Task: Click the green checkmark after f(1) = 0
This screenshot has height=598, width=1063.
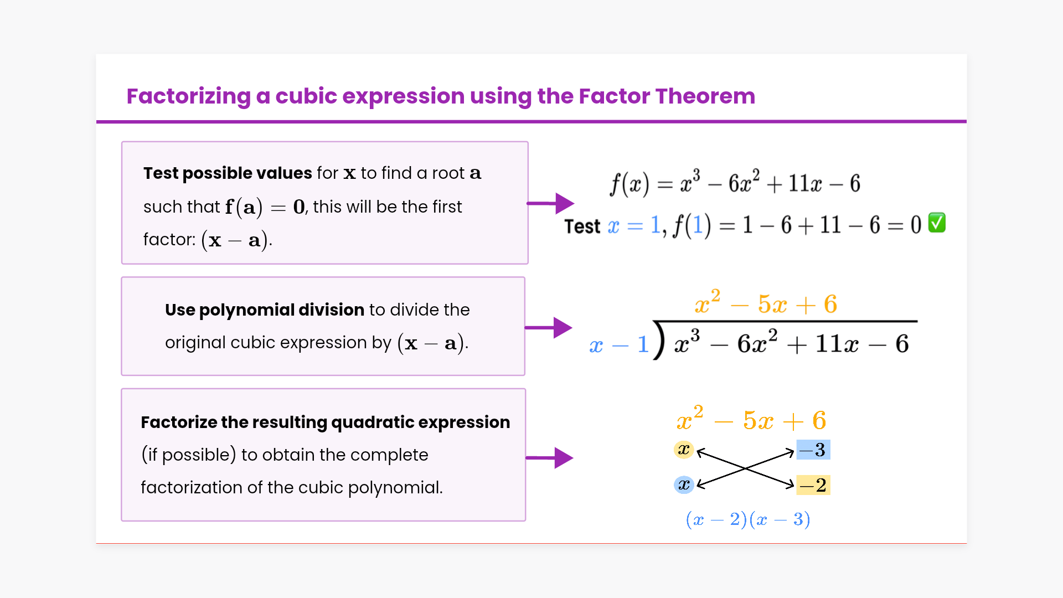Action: tap(937, 223)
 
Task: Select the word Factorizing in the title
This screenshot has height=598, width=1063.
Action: tap(189, 97)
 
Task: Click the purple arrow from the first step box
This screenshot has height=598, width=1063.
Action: tap(550, 204)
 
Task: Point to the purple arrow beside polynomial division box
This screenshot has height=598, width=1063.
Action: tap(548, 328)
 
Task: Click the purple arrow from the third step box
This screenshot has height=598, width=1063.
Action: tap(549, 458)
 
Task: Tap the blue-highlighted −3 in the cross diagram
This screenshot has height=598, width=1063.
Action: tap(813, 450)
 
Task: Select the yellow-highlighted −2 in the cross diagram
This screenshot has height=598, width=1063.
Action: tap(813, 485)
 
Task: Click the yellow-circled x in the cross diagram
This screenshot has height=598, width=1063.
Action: tap(684, 450)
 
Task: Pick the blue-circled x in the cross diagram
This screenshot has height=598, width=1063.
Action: tap(684, 485)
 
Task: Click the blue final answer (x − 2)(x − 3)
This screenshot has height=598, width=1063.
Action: tap(748, 519)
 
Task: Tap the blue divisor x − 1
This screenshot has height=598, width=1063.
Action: tap(619, 345)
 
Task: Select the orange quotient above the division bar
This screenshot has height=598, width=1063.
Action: tap(766, 303)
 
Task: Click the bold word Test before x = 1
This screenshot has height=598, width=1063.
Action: tap(582, 226)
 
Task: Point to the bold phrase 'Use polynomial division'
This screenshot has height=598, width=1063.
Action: tap(265, 310)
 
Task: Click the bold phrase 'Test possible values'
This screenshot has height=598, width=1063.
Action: tap(228, 173)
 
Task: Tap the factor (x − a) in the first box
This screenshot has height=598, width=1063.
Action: tap(235, 240)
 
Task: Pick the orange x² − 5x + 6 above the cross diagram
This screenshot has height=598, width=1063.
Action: tap(751, 420)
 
